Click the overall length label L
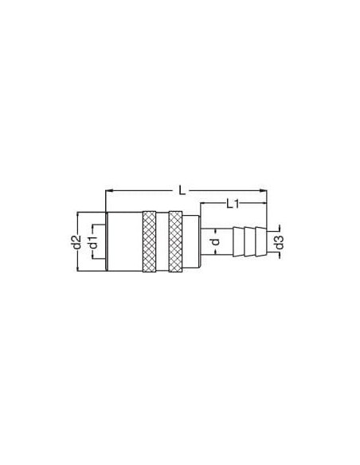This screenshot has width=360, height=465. (x=182, y=190)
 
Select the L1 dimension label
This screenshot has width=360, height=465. (x=233, y=204)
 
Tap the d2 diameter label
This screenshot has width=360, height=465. (x=76, y=241)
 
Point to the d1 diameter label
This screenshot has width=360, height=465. (x=93, y=242)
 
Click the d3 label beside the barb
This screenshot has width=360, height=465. (x=280, y=242)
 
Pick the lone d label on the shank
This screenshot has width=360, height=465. (x=217, y=241)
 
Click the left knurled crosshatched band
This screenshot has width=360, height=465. (x=149, y=241)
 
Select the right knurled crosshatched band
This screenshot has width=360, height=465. (x=175, y=241)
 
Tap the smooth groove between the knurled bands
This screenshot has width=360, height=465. (x=162, y=241)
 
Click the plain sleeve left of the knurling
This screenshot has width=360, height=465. (x=125, y=241)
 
